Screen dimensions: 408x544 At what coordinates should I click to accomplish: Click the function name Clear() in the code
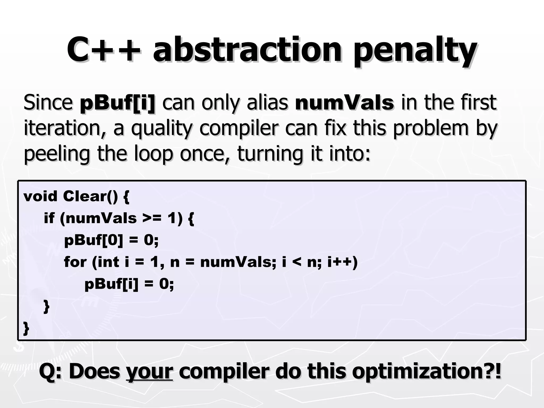[x=90, y=197]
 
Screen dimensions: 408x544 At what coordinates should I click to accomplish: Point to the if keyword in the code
[x=49, y=218]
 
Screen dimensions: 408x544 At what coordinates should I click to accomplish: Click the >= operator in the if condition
[x=151, y=218]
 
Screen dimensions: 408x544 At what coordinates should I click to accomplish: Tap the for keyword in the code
[x=75, y=262]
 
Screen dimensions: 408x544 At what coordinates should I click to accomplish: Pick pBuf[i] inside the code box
[x=112, y=284]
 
